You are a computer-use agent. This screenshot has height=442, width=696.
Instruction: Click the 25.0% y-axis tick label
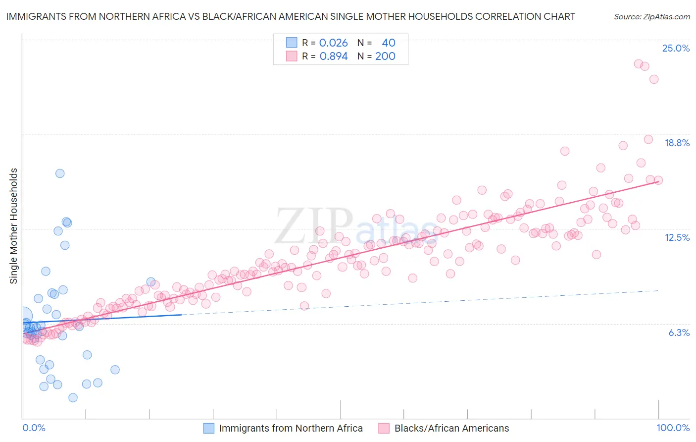pos(676,48)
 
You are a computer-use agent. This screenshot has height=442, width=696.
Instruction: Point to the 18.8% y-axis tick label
pos(677,143)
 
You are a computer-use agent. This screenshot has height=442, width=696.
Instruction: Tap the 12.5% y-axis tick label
pos(677,237)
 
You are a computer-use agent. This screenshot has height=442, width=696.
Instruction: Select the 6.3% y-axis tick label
pos(679,332)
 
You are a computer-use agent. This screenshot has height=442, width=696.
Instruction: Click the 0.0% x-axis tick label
pos(34,428)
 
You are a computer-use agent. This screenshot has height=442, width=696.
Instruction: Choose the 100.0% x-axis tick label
pos(673,428)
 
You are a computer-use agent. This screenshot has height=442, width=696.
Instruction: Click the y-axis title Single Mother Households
pos(14,226)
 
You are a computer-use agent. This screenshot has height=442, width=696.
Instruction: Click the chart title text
pos(291,16)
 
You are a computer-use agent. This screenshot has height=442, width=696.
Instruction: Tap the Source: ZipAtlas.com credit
pos(651,17)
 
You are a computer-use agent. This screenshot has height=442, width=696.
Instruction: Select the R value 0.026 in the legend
pos(333,43)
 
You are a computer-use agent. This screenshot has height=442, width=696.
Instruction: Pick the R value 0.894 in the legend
pos(333,56)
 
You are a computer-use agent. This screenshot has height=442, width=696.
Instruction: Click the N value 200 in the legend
pos(385,56)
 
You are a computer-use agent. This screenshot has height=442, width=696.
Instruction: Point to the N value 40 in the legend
pos(389,43)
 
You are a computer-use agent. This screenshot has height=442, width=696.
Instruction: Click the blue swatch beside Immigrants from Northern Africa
pos(209,428)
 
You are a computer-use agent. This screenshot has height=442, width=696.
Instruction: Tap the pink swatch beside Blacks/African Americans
pos(384,428)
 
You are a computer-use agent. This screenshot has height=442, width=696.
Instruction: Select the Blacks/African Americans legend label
pos(451,428)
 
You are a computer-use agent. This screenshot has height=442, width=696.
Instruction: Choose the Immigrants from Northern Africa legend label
pos(291,428)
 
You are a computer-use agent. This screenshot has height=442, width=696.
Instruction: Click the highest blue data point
pos(60,173)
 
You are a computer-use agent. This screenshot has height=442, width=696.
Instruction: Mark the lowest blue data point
pos(73,397)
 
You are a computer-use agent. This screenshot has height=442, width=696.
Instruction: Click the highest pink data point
pos(639,64)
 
